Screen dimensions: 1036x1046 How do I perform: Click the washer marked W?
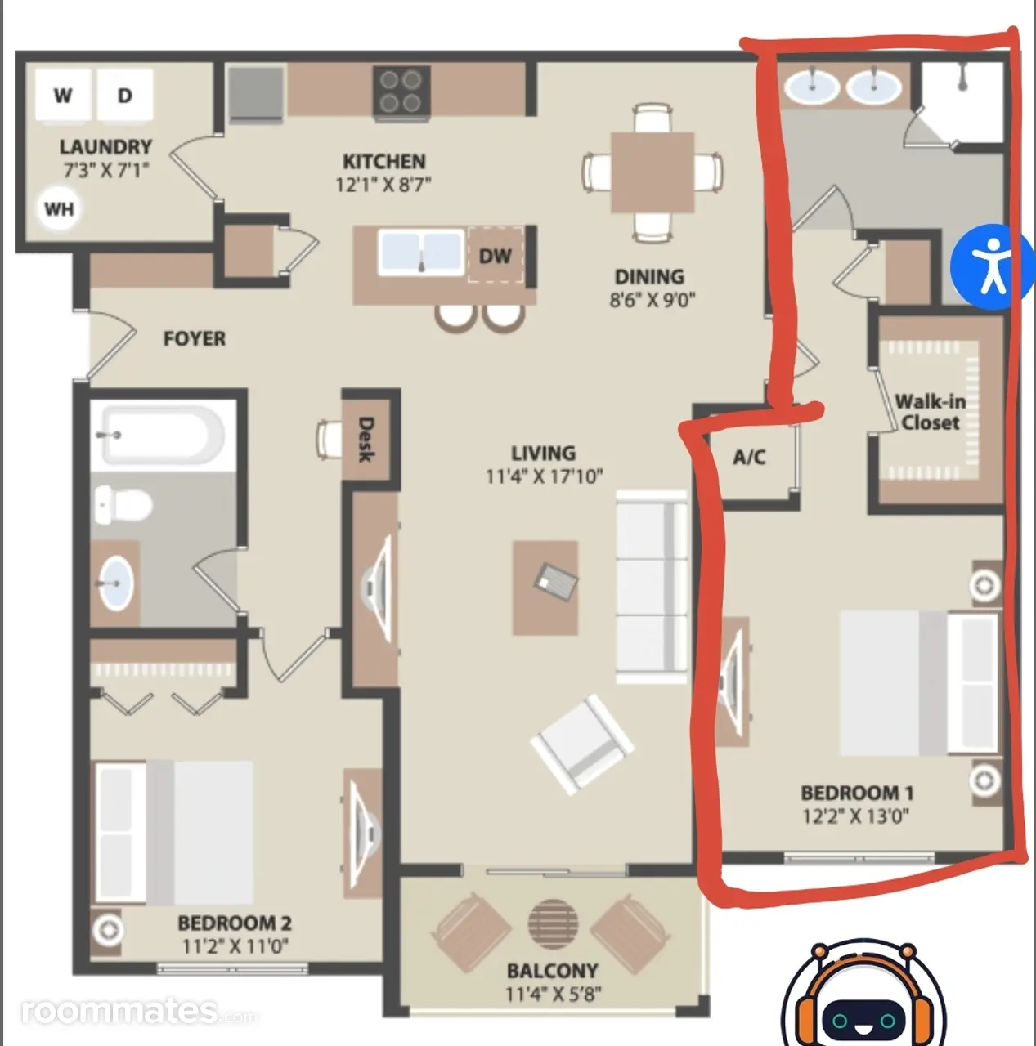[x=64, y=95]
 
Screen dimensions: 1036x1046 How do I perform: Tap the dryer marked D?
[x=125, y=95]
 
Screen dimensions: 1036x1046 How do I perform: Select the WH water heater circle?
[x=59, y=208]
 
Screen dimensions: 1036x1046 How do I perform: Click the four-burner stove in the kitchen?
[x=401, y=91]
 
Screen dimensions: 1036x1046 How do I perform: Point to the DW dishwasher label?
[x=496, y=256]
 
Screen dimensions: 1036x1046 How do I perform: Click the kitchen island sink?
[x=422, y=253]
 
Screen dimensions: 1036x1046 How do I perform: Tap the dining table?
[x=653, y=172]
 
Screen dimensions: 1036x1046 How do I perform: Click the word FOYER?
[x=195, y=338]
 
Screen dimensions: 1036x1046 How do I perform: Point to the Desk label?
[x=366, y=439]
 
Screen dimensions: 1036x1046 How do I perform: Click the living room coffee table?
[x=545, y=588]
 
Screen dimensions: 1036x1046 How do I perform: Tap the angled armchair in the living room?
[x=582, y=744]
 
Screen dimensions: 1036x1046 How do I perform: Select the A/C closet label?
[x=750, y=457]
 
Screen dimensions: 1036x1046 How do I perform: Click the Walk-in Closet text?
[x=931, y=412]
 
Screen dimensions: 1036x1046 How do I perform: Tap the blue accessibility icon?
[x=992, y=266]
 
